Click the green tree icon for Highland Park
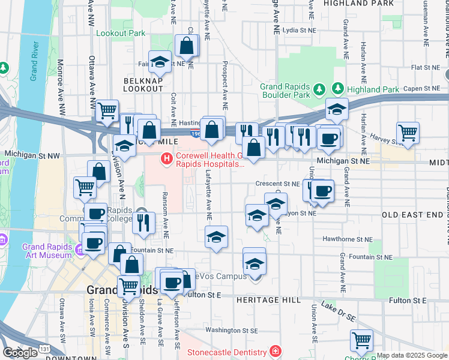[x=338, y=89]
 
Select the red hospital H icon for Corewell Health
[x=166, y=159]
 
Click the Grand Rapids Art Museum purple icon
[x=80, y=248]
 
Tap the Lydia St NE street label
[x=298, y=29]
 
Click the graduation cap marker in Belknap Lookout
[x=160, y=62]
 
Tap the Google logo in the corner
[x=20, y=353]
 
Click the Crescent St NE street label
[x=277, y=184]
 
